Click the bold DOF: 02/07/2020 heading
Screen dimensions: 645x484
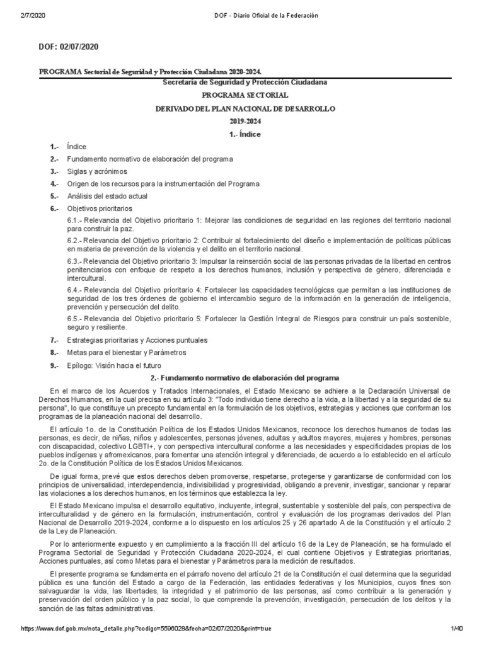(x=69, y=47)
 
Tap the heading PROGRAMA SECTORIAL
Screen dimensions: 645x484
(x=245, y=95)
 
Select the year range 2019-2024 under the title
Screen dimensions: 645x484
(x=245, y=121)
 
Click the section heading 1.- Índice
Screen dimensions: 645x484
(x=245, y=134)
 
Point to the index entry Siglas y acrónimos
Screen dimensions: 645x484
(x=97, y=171)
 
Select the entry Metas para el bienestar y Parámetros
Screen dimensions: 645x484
(x=127, y=353)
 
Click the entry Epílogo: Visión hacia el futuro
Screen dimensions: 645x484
(x=114, y=365)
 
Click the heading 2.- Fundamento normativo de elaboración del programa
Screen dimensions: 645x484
(x=245, y=378)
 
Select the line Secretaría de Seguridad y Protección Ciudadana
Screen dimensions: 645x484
(x=245, y=83)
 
